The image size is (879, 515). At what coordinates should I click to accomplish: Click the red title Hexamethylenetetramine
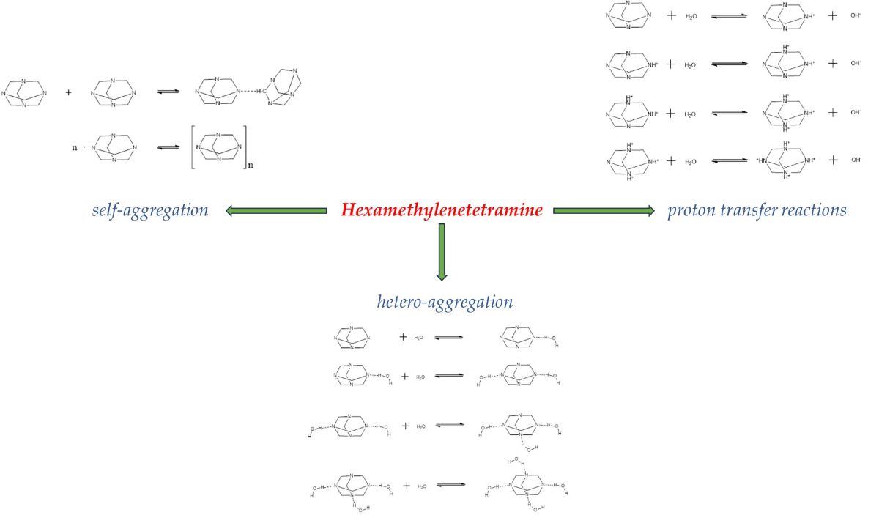pos(442,210)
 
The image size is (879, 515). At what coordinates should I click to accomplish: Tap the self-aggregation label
pos(150,211)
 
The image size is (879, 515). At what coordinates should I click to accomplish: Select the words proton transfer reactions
pos(757,211)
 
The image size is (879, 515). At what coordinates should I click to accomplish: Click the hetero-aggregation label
pos(445,301)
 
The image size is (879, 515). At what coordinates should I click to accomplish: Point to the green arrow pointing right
pos(604,211)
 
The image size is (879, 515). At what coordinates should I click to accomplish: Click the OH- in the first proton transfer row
pos(855,15)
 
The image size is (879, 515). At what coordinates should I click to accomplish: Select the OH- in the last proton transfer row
pos(855,160)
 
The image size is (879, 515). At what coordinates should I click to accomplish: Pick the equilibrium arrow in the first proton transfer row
pos(729,15)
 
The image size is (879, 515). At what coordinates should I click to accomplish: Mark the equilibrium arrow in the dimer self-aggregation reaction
pos(167,93)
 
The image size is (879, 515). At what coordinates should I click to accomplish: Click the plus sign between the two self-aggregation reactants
pos(69,93)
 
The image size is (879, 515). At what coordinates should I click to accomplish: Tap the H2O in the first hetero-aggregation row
pos(418,338)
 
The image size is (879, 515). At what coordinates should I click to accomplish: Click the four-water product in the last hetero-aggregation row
pos(526,486)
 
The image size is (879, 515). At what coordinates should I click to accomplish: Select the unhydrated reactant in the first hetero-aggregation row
pos(352,338)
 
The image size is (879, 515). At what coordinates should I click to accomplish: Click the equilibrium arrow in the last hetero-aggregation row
pos(449,486)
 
